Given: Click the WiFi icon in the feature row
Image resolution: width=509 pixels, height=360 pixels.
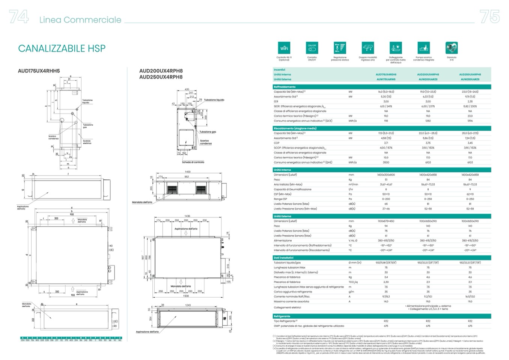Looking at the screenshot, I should point(284,48).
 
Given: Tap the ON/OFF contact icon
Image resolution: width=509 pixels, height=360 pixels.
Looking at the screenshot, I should point(312,48).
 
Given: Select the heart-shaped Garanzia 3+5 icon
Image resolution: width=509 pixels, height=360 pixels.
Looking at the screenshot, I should point(451,48).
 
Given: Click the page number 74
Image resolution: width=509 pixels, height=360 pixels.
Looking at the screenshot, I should point(19,17).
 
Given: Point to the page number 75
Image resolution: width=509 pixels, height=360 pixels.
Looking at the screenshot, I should point(489,17).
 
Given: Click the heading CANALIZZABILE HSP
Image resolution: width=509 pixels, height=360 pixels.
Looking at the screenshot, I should point(62,48).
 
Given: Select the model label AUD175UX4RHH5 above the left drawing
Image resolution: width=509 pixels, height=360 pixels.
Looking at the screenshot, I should point(39,71).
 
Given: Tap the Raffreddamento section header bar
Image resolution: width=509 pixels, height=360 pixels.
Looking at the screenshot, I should point(382,87).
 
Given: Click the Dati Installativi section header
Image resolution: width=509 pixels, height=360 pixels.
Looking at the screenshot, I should point(382,258).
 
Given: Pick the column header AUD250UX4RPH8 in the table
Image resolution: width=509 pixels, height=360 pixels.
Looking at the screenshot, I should point(470,75).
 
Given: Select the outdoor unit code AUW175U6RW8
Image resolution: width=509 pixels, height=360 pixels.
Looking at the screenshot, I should point(386,80).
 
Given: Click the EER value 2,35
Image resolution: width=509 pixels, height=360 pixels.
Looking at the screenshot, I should point(470,101).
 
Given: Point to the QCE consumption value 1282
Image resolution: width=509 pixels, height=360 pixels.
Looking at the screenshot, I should point(428,121).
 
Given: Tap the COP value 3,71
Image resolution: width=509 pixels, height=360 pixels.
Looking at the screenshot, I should point(386,143).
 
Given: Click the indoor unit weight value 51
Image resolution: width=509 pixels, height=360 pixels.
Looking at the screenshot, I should point(386,180).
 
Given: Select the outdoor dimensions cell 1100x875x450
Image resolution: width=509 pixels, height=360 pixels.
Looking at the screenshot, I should point(386,221).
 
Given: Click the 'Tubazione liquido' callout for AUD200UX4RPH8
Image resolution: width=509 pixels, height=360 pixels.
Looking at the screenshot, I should point(214,100).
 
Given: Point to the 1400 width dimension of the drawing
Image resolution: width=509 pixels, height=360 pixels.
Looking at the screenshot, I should point(188,172).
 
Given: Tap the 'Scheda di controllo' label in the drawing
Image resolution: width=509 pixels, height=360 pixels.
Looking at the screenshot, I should point(193,162).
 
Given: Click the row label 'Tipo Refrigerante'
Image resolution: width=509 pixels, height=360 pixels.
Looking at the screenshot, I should point(285,321).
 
